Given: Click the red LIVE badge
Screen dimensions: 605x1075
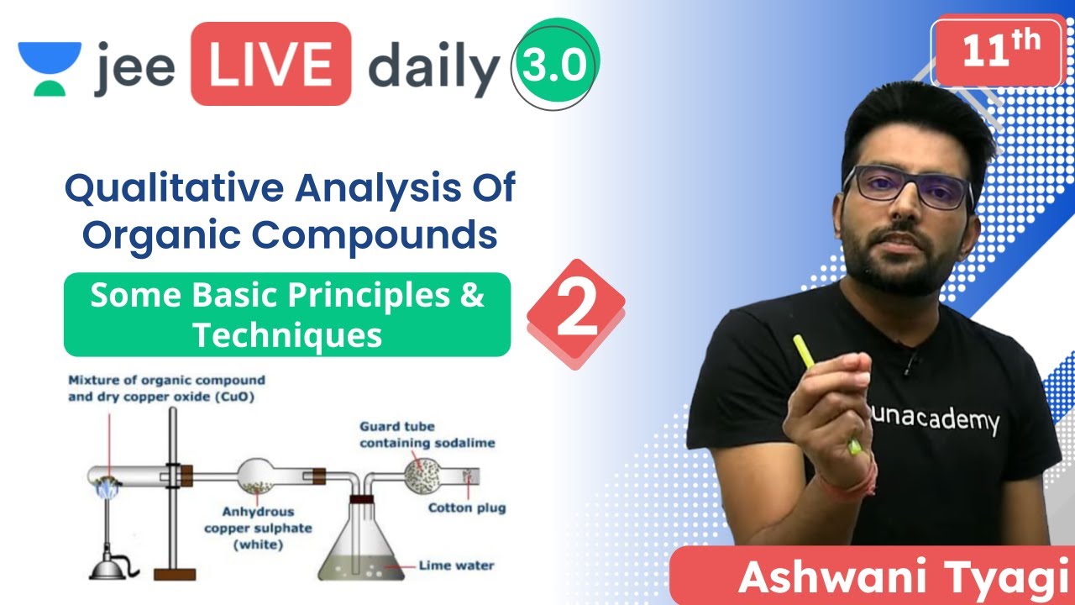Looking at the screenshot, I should (270, 65).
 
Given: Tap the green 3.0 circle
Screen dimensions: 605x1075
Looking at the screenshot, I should (555, 66).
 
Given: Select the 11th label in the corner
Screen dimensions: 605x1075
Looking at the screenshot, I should (996, 51).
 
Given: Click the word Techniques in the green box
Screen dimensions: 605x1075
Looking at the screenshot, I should (287, 335).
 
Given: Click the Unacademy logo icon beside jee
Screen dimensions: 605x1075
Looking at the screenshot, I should (50, 66).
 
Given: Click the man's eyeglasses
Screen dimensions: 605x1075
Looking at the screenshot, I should (909, 187).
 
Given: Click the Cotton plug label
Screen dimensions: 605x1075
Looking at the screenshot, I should (467, 508).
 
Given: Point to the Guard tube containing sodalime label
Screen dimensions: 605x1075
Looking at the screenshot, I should (427, 434).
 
